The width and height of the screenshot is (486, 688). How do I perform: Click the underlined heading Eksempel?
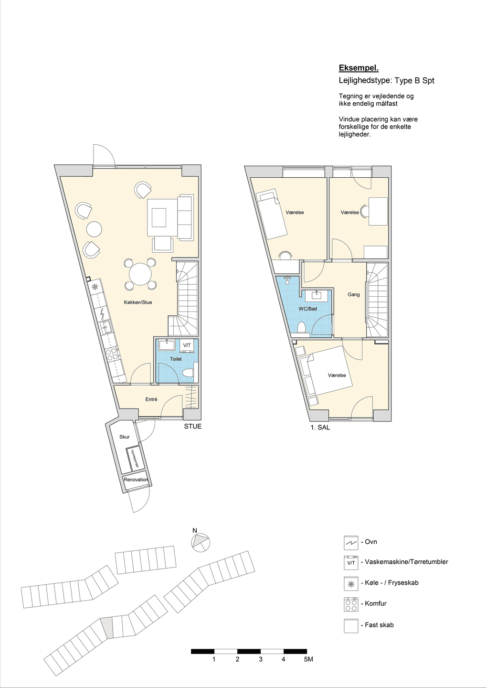[359, 68]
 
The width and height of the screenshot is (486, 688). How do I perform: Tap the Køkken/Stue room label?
[138, 302]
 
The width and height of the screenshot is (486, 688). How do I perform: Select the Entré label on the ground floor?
[151, 399]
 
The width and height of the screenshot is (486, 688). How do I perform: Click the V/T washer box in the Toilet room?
[187, 345]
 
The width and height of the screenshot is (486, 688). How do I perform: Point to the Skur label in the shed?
[125, 437]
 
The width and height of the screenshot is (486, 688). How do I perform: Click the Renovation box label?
[136, 480]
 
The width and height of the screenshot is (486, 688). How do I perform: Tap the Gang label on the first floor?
[353, 294]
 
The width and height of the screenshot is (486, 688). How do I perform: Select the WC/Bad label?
[308, 309]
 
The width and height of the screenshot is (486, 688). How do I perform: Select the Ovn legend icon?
[351, 542]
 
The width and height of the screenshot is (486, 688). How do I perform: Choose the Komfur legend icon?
[351, 604]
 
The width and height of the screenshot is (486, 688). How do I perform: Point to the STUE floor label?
[193, 426]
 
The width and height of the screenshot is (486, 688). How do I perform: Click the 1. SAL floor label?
[320, 427]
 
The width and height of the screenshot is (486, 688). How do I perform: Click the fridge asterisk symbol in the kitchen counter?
[95, 288]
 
